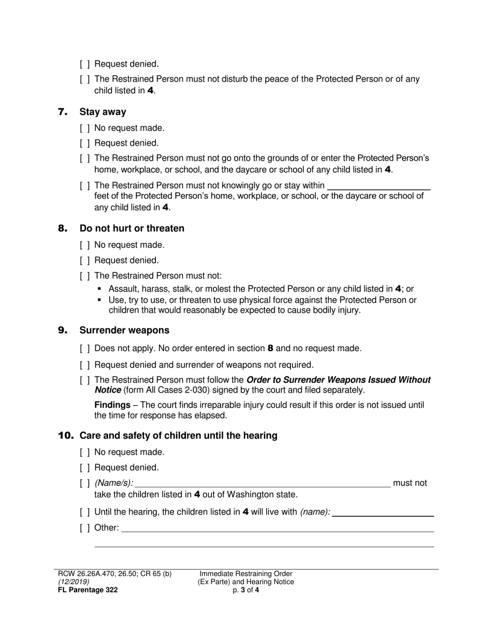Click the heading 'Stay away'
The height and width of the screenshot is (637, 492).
tap(103, 112)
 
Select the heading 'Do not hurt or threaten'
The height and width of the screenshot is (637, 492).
tap(132, 228)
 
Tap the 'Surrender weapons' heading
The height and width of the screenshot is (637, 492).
tap(124, 330)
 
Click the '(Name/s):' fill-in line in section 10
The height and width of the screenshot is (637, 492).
tap(262, 484)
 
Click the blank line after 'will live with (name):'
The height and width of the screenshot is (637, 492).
tap(382, 513)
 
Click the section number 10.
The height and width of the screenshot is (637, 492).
tap(65, 436)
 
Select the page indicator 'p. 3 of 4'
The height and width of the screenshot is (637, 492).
tap(246, 590)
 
